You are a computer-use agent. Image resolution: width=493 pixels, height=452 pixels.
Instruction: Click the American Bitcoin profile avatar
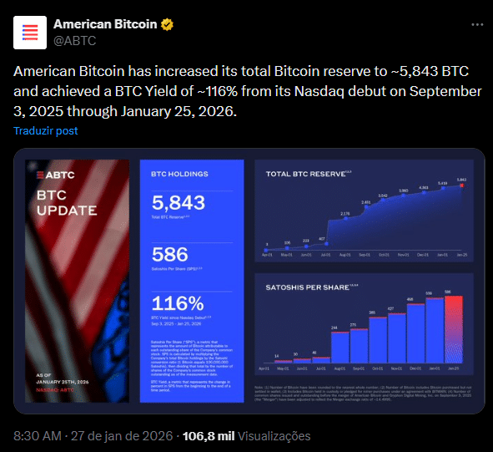[31, 32]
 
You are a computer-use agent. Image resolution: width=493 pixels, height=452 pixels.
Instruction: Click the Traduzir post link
[46, 131]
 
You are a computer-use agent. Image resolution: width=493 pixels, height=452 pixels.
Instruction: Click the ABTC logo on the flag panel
[51, 175]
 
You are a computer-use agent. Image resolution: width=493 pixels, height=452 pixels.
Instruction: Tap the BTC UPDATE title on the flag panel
[67, 202]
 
